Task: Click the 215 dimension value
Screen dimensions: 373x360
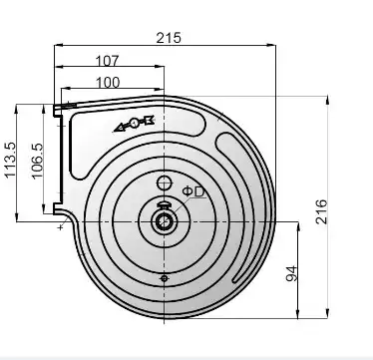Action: [x=169, y=38]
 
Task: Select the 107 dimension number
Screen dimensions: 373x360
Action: [x=107, y=61]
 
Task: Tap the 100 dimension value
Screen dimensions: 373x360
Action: [x=108, y=83]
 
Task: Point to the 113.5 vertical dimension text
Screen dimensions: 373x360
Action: [x=10, y=160]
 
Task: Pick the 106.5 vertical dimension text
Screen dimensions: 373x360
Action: [x=38, y=161]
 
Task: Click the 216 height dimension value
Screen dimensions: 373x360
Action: [x=321, y=211]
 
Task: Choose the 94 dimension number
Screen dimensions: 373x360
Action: [x=291, y=273]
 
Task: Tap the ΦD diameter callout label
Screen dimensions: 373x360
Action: [x=193, y=191]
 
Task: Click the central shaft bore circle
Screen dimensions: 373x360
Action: [x=164, y=221]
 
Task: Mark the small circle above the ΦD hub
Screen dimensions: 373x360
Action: [x=164, y=182]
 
